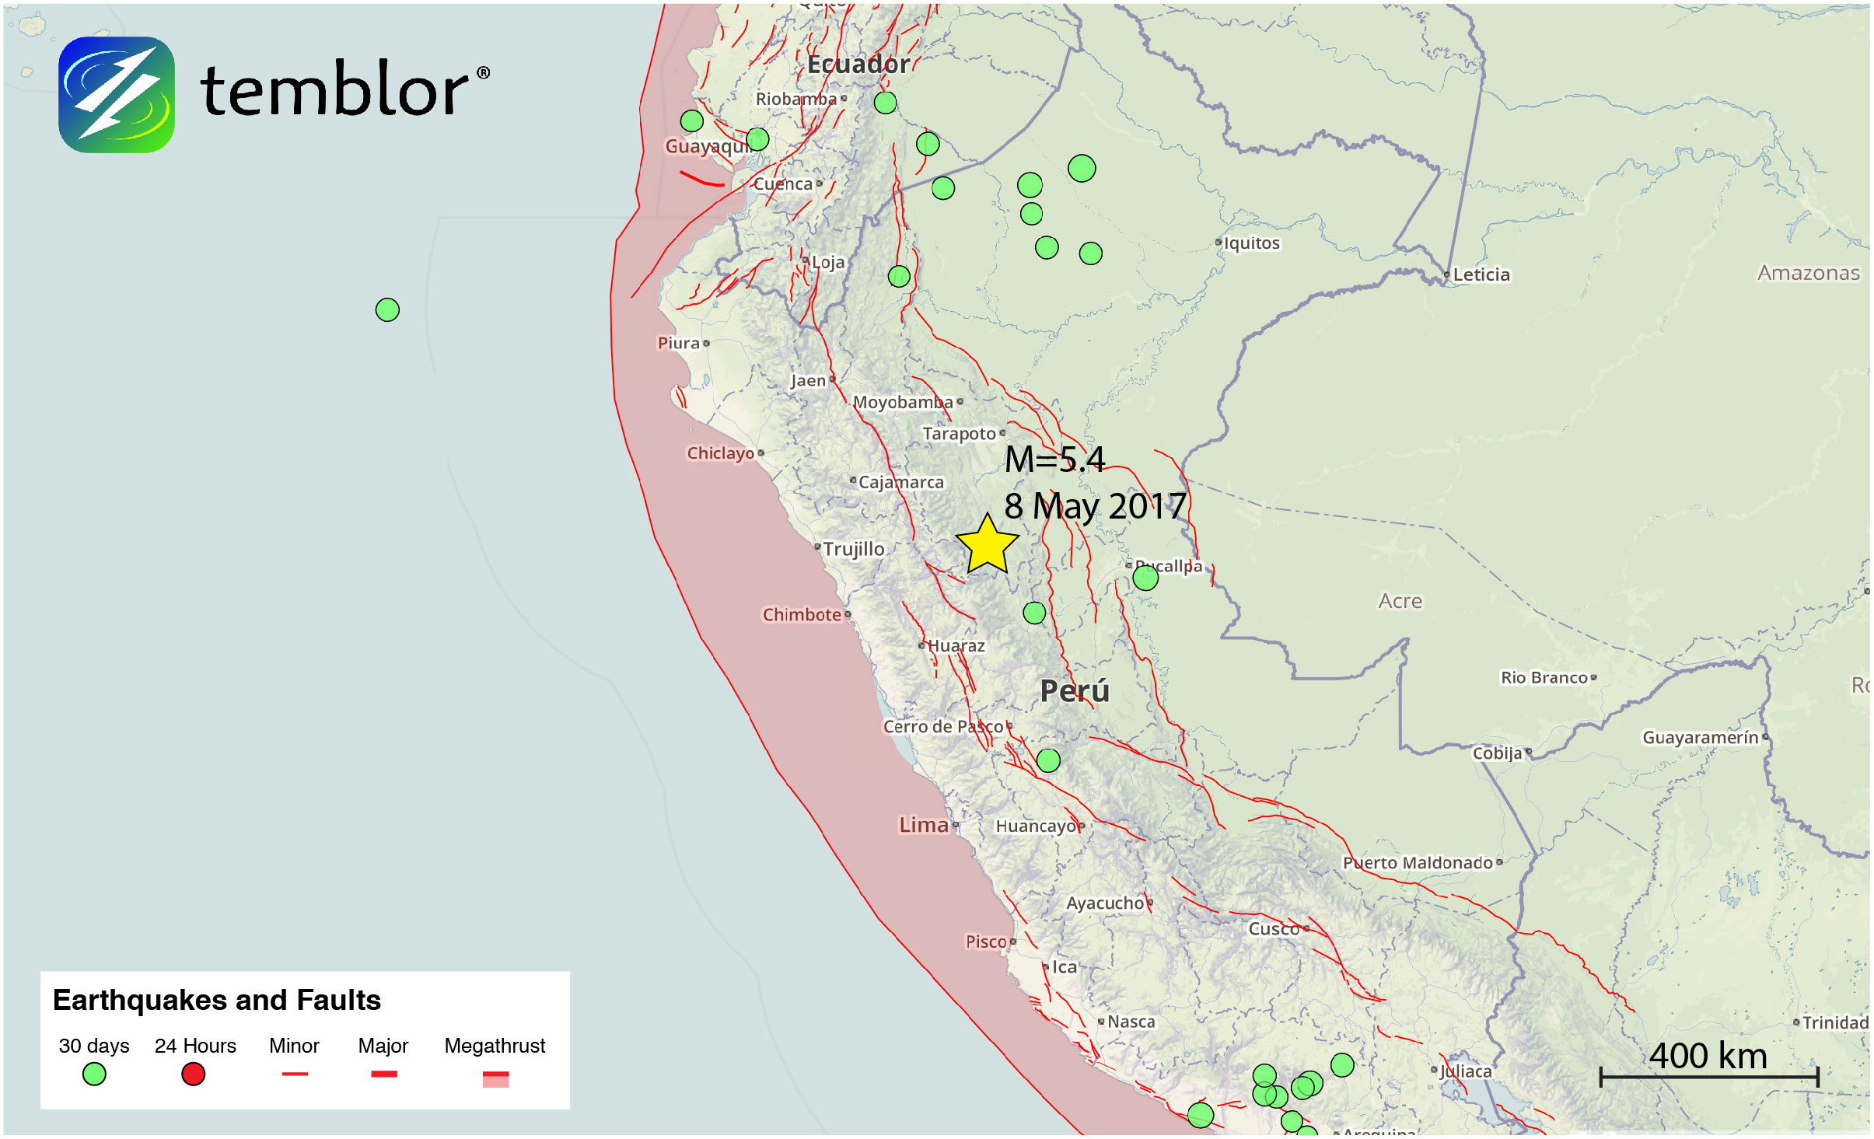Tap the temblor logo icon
117,95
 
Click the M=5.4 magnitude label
1054,459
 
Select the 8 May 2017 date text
1094,507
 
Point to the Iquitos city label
1251,243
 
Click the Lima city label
924,825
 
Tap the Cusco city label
1274,929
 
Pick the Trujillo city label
853,549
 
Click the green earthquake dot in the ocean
387,310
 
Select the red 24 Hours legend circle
193,1074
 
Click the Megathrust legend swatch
495,1078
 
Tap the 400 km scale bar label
1708,1056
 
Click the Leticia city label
1481,274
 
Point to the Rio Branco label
1544,678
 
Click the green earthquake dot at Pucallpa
1145,578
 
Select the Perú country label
1075,691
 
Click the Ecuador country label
858,65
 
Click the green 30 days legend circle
94,1074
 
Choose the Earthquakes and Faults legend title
217,1001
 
